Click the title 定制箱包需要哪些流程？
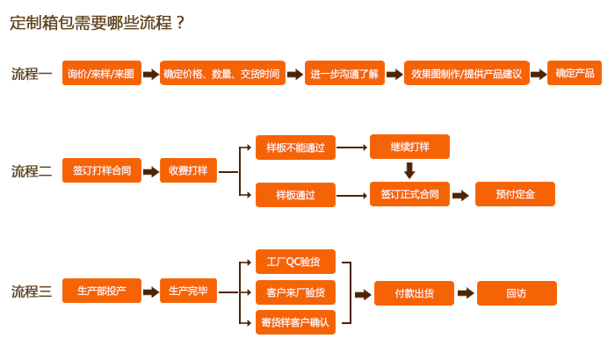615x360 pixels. pyautogui.click(x=98, y=23)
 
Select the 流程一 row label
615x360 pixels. pyautogui.click(x=32, y=74)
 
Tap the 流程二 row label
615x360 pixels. pyautogui.click(x=32, y=171)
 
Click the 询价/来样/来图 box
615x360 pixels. pyautogui.click(x=102, y=74)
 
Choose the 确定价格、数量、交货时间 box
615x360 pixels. pyautogui.click(x=221, y=74)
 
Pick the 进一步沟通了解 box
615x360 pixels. pyautogui.click(x=344, y=74)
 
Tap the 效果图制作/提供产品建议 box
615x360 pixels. pyautogui.click(x=467, y=74)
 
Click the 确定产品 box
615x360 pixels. pyautogui.click(x=575, y=74)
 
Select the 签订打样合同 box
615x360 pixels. pyautogui.click(x=102, y=171)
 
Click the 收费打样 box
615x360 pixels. pyautogui.click(x=188, y=171)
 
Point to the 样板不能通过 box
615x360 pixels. pyautogui.click(x=295, y=148)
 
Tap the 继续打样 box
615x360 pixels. pyautogui.click(x=409, y=147)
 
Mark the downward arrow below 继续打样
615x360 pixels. pyautogui.click(x=409, y=170)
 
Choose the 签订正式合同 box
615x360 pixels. pyautogui.click(x=409, y=193)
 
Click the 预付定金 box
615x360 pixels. pyautogui.click(x=515, y=194)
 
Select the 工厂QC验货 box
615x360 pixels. pyautogui.click(x=295, y=262)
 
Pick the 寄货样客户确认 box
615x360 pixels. pyautogui.click(x=295, y=322)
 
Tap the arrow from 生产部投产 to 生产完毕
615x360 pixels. pyautogui.click(x=149, y=292)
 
